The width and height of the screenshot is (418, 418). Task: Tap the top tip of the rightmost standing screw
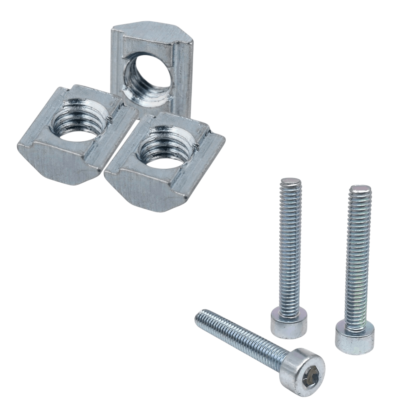360,189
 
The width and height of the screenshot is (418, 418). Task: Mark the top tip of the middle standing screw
291,181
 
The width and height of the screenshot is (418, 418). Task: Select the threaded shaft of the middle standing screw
290,247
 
